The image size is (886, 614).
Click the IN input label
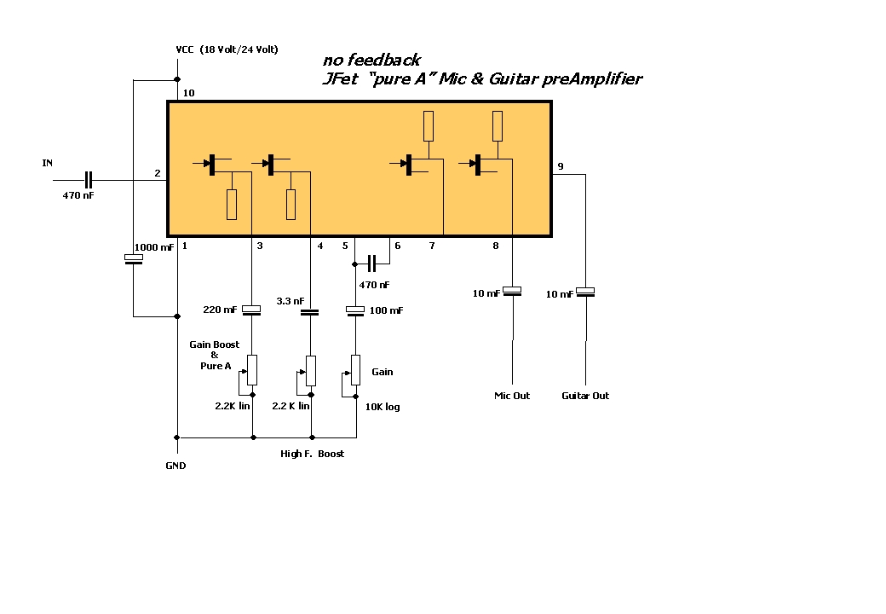pyautogui.click(x=48, y=163)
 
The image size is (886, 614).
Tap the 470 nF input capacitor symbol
pyautogui.click(x=88, y=180)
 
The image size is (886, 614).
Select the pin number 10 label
pyautogui.click(x=189, y=93)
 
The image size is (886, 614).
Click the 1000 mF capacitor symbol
pyautogui.click(x=134, y=258)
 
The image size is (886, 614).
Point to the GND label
pyautogui.click(x=175, y=466)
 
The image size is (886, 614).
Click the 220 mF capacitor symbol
pyautogui.click(x=251, y=310)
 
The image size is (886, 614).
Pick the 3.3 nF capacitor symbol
pyautogui.click(x=309, y=312)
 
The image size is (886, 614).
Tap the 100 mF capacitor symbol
pyautogui.click(x=355, y=310)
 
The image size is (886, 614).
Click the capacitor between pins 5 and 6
pyautogui.click(x=371, y=264)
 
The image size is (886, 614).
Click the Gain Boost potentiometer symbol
pyautogui.click(x=249, y=374)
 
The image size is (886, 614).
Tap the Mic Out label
pyautogui.click(x=512, y=396)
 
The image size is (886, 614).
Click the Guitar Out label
pyautogui.click(x=585, y=396)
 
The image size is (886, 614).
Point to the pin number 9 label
pyautogui.click(x=561, y=166)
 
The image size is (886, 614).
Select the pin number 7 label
pyautogui.click(x=432, y=246)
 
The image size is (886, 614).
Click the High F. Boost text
pyautogui.click(x=312, y=454)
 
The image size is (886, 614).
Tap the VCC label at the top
pyautogui.click(x=185, y=49)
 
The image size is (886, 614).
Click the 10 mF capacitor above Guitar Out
pyautogui.click(x=585, y=292)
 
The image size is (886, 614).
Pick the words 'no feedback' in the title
pyautogui.click(x=371, y=60)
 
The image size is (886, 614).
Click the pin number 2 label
pyautogui.click(x=158, y=173)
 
